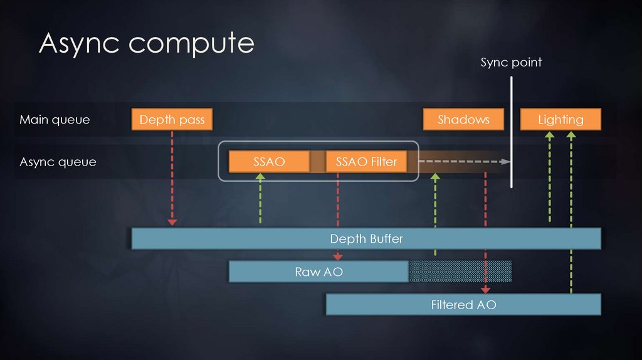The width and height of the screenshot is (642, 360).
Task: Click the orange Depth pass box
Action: click(x=172, y=119)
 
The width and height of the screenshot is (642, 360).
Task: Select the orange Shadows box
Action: click(x=464, y=119)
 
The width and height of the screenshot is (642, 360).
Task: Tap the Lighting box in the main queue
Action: click(x=560, y=119)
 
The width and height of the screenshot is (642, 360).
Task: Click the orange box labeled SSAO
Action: click(x=269, y=161)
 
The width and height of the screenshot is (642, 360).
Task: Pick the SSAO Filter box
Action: click(x=366, y=161)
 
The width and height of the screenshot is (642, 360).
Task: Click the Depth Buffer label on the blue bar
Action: click(x=366, y=238)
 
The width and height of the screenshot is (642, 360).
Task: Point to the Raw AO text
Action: click(x=318, y=272)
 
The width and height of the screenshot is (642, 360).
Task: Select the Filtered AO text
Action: click(x=463, y=305)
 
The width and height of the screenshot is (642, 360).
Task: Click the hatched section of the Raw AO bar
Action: click(x=460, y=272)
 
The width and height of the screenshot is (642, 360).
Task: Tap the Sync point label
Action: click(x=511, y=62)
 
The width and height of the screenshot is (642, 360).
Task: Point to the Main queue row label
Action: click(x=55, y=119)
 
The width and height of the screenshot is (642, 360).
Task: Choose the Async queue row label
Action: click(x=58, y=162)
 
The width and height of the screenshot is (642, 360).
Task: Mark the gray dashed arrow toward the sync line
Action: click(x=464, y=161)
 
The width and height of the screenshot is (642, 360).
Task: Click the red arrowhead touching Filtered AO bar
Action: click(x=485, y=290)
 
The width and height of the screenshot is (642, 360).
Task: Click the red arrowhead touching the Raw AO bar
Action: click(x=338, y=257)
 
